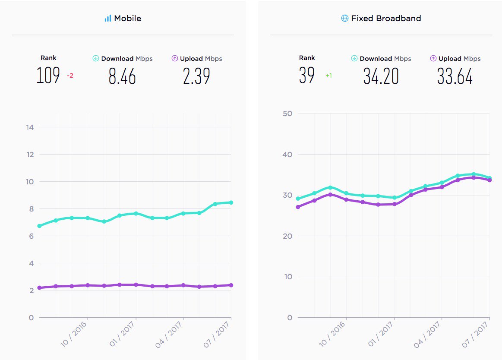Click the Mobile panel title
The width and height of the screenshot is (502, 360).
[x=127, y=19]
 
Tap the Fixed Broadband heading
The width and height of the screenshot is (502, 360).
[x=386, y=19]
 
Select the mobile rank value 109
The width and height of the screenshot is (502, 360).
[x=48, y=76]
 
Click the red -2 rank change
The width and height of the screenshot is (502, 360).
[x=70, y=76]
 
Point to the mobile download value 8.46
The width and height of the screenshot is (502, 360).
[x=122, y=76]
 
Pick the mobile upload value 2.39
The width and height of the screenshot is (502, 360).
[x=196, y=76]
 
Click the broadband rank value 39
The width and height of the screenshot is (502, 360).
[x=307, y=76]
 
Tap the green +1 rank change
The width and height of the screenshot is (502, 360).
[x=328, y=76]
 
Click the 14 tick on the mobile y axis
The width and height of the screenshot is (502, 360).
[x=30, y=127]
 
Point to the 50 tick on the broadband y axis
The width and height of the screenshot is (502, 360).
[x=287, y=114]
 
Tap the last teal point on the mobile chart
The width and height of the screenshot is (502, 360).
[x=231, y=202]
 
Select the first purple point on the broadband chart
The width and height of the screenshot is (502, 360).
[x=298, y=207]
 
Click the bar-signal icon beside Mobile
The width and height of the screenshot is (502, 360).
[x=108, y=19]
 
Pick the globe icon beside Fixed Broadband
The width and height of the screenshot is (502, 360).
[x=344, y=19]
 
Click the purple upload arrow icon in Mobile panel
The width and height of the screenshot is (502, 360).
[x=175, y=58]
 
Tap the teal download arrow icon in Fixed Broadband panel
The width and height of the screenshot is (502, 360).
[x=354, y=58]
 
